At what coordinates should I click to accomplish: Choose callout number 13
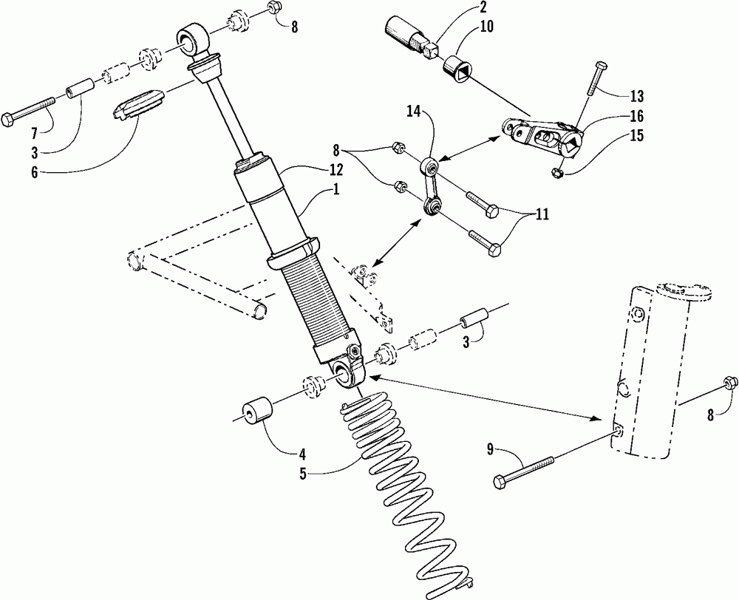point(636,96)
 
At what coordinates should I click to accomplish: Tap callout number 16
point(637,116)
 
